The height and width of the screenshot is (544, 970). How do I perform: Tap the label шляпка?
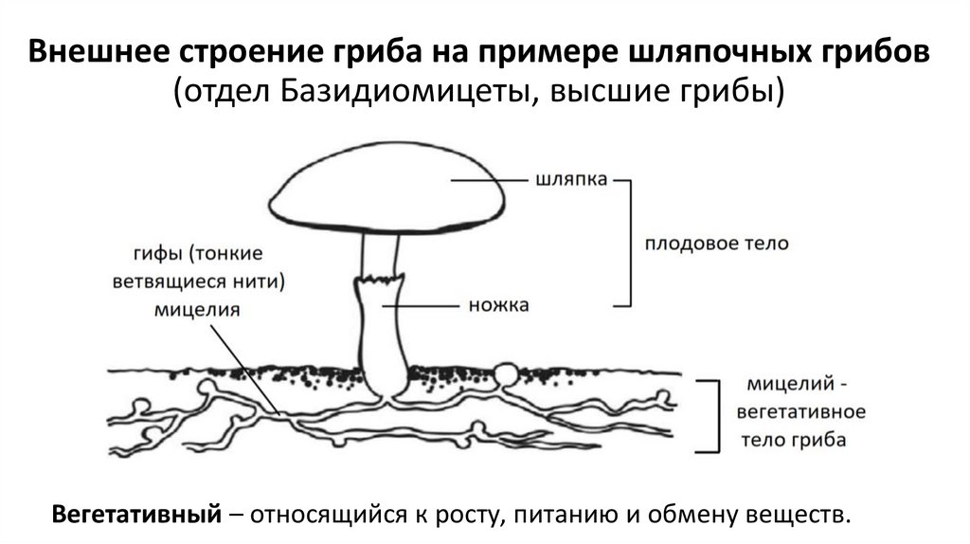point(566,178)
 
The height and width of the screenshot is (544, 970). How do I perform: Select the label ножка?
point(498,305)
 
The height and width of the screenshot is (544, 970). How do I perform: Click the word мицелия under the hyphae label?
point(197,309)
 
